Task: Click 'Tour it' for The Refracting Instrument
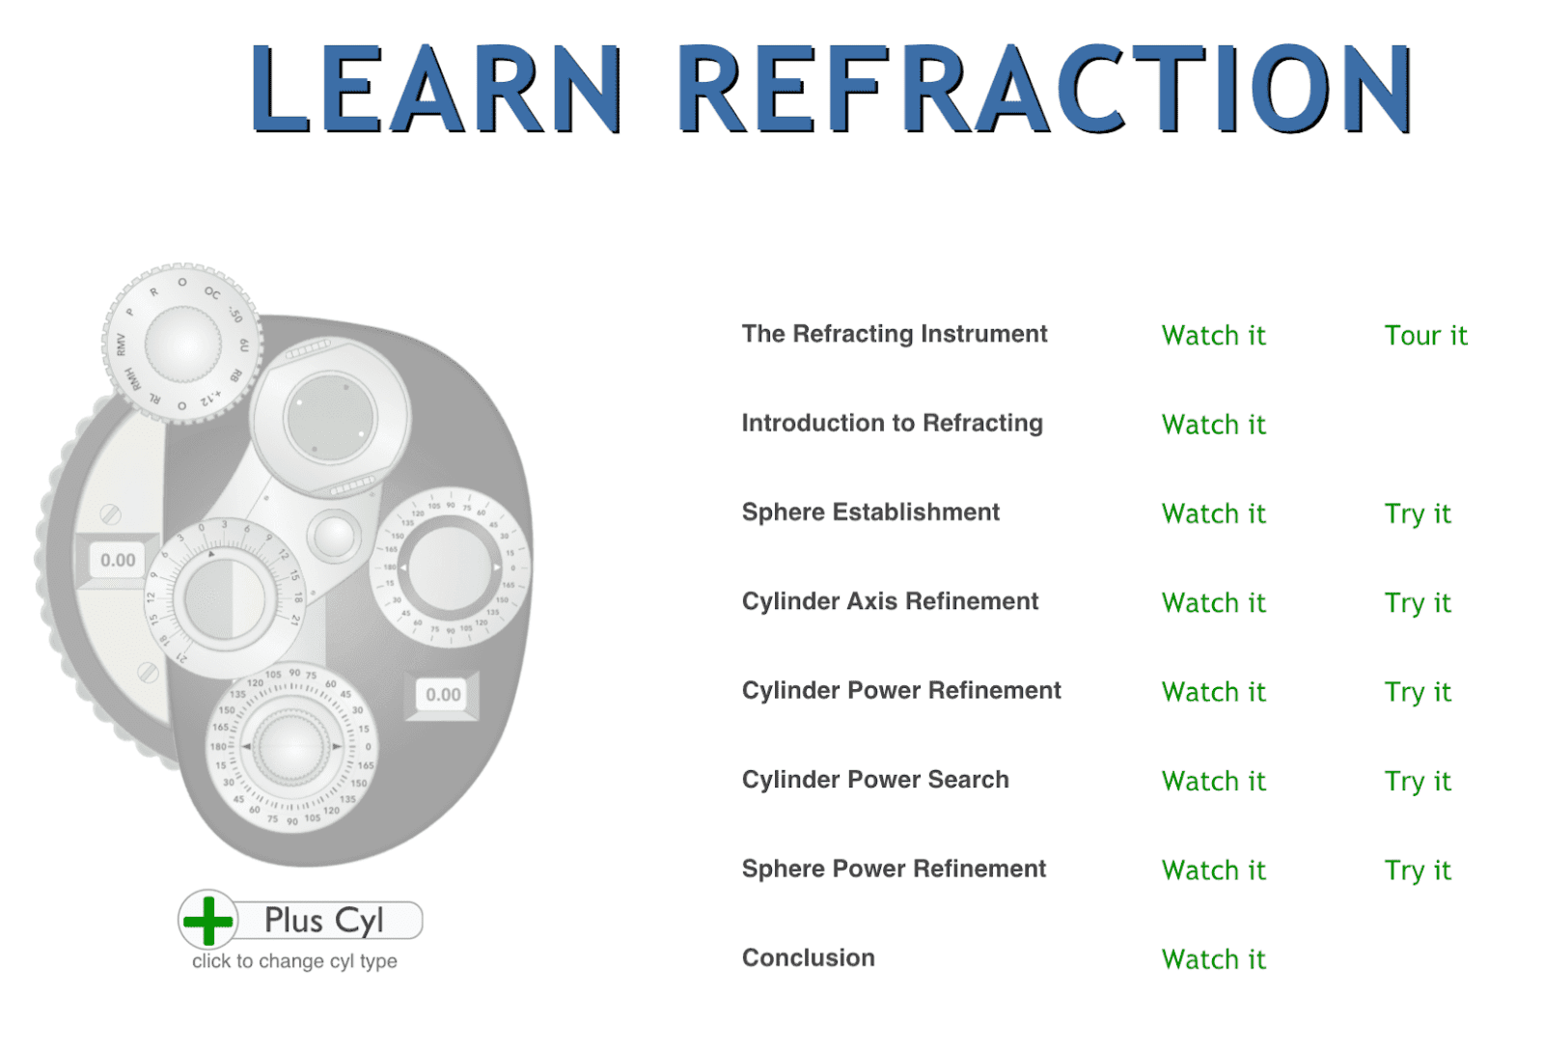(1424, 336)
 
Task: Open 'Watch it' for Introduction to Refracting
(1213, 425)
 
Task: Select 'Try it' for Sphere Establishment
(1417, 514)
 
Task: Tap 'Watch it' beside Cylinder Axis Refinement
(1213, 603)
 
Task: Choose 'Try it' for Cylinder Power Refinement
(1417, 692)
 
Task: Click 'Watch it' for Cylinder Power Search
(1213, 782)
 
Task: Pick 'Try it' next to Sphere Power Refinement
(1417, 871)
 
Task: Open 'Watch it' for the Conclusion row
(1213, 959)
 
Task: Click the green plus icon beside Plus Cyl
(208, 920)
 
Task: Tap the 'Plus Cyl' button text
(324, 921)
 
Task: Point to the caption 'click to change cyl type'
(294, 961)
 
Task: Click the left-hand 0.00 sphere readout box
(118, 560)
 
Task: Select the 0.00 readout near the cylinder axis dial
(443, 694)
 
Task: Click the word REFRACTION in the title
(1044, 89)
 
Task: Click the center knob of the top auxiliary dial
(182, 344)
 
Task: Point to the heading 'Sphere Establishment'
(869, 512)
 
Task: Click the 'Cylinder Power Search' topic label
(874, 780)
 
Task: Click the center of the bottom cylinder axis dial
(290, 746)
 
